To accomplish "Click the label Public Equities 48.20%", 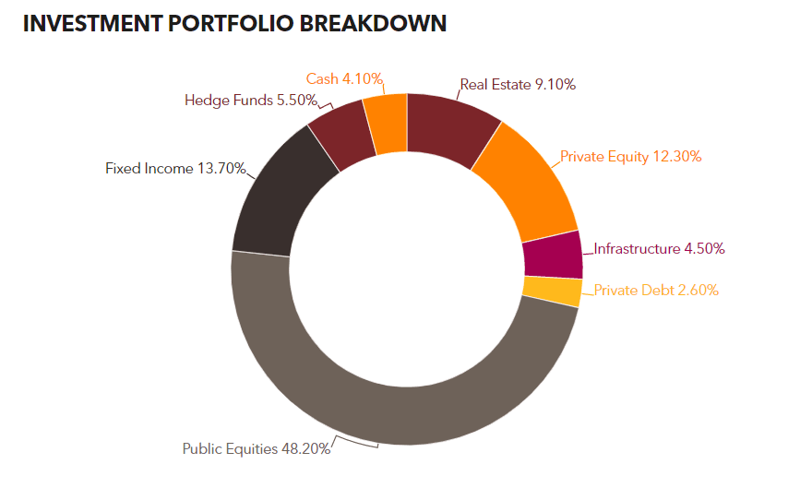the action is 257,448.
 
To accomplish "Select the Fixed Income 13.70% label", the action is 175,168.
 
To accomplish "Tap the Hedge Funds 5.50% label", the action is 250,100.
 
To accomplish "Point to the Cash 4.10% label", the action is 344,79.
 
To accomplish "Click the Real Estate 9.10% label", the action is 518,85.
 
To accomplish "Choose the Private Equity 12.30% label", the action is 630,157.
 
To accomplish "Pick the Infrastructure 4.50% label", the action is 659,249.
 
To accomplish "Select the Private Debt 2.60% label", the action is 656,291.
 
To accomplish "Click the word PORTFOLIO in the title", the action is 231,23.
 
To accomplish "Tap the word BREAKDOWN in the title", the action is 373,23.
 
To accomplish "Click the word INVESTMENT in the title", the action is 92,23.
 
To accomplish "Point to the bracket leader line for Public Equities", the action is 356,442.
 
